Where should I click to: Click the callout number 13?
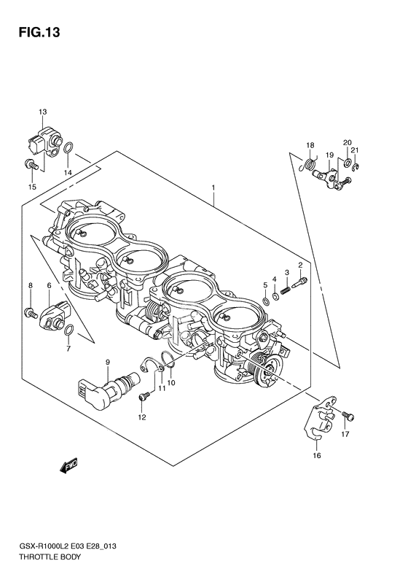coord(42,112)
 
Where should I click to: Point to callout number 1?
coord(213,187)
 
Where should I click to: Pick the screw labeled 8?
coord(31,313)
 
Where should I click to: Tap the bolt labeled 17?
coord(347,415)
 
